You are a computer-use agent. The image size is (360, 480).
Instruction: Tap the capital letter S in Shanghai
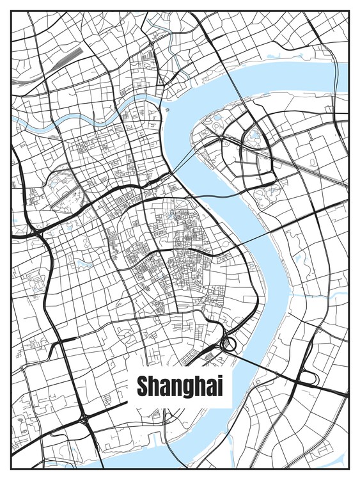[143, 385]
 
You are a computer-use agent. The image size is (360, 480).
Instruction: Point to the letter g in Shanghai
[189, 388]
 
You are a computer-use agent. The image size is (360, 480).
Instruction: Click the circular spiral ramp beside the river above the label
[229, 345]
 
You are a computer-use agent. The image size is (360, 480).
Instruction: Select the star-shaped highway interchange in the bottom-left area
[85, 420]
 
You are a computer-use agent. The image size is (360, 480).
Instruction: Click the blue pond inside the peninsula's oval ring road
[256, 136]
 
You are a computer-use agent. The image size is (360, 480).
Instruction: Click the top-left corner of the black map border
[12, 12]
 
